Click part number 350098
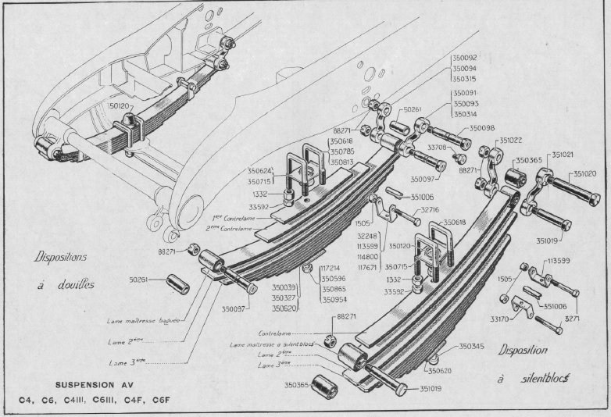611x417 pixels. tap(482, 128)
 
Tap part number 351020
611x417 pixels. tap(585, 173)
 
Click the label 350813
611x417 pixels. tap(342, 162)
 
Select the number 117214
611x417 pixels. tap(334, 268)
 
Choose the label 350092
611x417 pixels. tap(464, 58)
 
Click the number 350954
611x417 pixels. tap(336, 298)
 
